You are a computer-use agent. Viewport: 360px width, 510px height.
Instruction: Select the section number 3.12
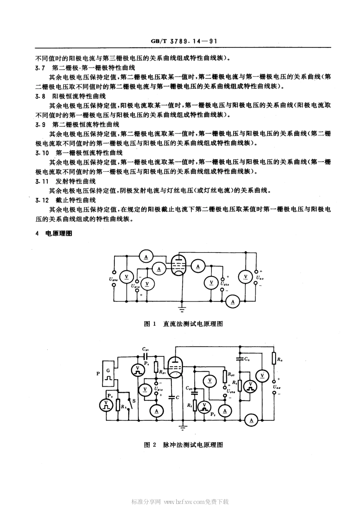tap(42, 200)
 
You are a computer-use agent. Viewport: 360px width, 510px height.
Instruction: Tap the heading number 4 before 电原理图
tap(37, 234)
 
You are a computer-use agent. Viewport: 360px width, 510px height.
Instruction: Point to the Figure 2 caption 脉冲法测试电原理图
tap(193, 445)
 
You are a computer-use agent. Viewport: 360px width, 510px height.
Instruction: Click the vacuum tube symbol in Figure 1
tap(177, 264)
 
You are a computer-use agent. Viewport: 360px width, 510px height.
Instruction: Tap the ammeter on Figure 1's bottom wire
tap(233, 301)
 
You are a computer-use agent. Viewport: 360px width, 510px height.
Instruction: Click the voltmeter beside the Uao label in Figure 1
tap(246, 277)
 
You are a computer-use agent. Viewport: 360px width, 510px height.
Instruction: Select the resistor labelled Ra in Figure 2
tap(273, 359)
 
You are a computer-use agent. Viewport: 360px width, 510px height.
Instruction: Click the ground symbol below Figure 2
tap(183, 427)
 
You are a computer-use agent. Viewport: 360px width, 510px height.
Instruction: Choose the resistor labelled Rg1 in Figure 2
tap(156, 367)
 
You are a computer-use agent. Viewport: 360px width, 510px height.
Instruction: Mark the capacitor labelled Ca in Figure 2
tap(239, 357)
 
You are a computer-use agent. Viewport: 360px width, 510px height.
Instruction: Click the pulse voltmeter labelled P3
tap(107, 405)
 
